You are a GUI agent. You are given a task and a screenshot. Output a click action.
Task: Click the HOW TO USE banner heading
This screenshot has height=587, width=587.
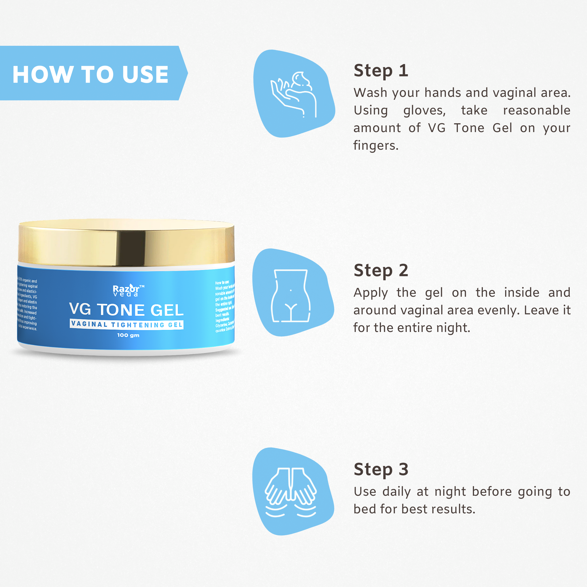pyautogui.click(x=90, y=74)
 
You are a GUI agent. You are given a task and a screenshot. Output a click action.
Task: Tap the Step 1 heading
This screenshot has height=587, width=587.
pyautogui.click(x=381, y=71)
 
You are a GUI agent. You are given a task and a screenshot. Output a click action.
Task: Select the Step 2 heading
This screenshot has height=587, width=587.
pyautogui.click(x=381, y=270)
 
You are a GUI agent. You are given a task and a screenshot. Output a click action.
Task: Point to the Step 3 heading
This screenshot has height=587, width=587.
pyautogui.click(x=381, y=469)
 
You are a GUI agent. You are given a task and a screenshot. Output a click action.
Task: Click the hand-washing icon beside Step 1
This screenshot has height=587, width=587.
pyautogui.click(x=293, y=94)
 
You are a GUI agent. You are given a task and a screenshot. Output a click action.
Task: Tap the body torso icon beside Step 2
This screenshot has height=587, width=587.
pyautogui.click(x=291, y=295)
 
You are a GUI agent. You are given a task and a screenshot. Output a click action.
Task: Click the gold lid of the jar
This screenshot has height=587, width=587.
pyautogui.click(x=126, y=243)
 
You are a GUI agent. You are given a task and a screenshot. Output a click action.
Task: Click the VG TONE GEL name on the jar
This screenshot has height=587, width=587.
pyautogui.click(x=126, y=310)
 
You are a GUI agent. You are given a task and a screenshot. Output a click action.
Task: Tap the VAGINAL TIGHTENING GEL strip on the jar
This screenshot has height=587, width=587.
pyautogui.click(x=126, y=325)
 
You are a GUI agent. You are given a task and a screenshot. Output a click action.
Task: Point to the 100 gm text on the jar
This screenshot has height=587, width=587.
pyautogui.click(x=128, y=335)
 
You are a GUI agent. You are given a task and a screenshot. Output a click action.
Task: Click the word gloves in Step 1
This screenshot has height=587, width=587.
pyautogui.click(x=424, y=111)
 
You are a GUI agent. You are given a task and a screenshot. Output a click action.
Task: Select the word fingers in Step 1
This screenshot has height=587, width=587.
pyautogui.click(x=376, y=146)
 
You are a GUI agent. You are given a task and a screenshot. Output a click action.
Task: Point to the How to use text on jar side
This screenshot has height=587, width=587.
pyautogui.click(x=222, y=283)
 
